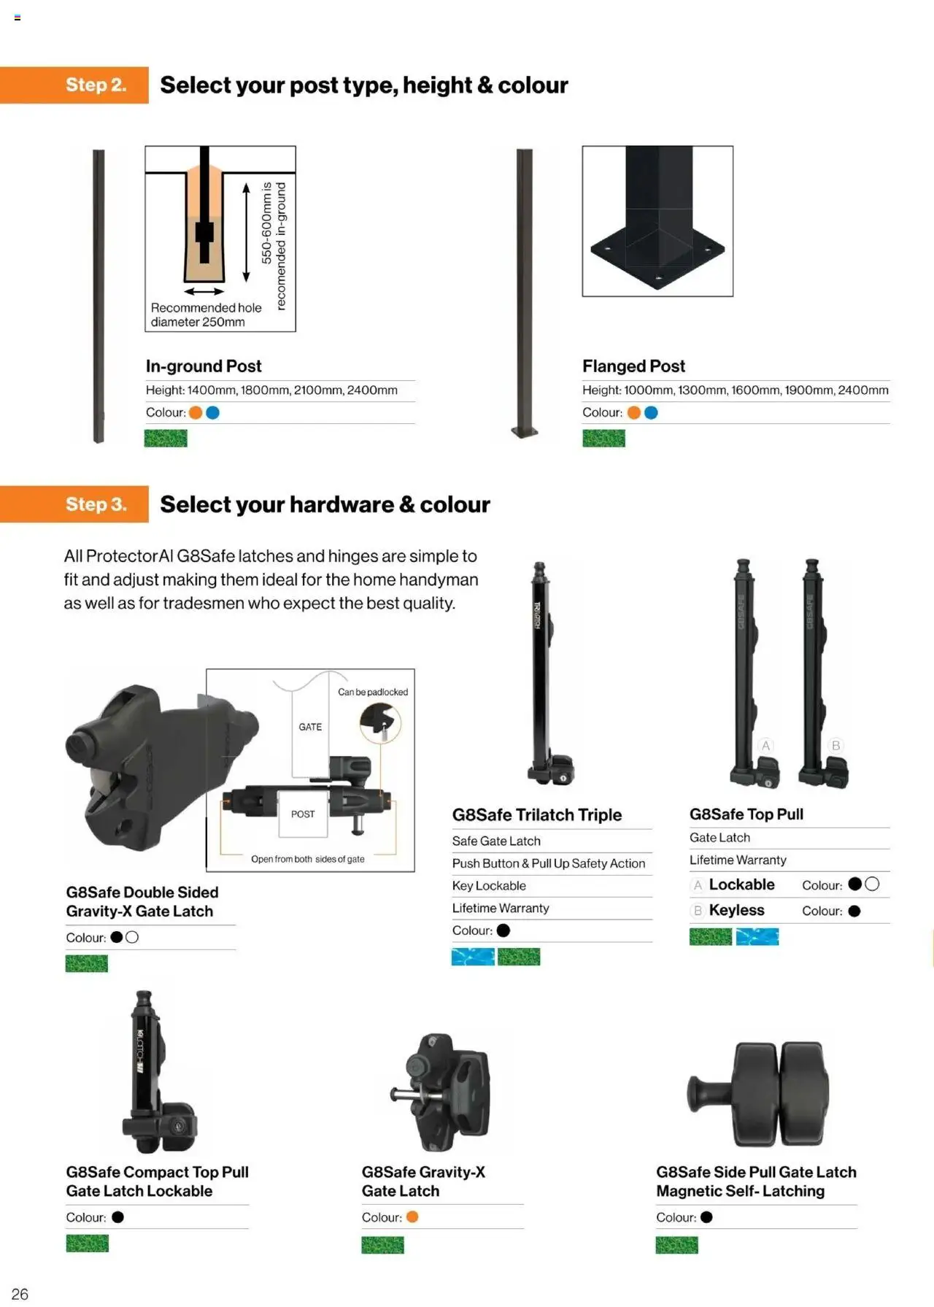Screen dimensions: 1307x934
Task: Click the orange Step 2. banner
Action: (x=74, y=85)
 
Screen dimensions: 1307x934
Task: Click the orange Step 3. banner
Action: (x=74, y=504)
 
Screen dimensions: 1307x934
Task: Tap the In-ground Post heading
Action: (x=204, y=366)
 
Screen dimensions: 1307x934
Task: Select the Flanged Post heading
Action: (x=633, y=366)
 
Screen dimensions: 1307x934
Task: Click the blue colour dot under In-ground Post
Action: (x=213, y=413)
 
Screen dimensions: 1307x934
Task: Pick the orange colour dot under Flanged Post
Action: (x=634, y=413)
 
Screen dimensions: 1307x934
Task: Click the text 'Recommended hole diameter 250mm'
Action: (x=206, y=315)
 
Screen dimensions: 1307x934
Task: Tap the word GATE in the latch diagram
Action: (x=310, y=727)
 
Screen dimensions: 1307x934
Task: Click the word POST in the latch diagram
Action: (x=303, y=814)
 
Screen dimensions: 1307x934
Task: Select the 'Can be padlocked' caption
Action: (x=373, y=692)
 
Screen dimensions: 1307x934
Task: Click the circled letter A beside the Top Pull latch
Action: (x=765, y=745)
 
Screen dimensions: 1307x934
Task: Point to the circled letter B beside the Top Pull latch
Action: (x=836, y=745)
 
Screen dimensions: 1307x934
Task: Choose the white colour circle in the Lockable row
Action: (x=872, y=884)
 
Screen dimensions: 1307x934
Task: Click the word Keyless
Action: (x=736, y=911)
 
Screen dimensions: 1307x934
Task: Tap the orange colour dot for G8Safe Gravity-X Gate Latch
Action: (x=412, y=1217)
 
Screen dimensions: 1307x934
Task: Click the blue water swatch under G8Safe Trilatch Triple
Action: (x=473, y=957)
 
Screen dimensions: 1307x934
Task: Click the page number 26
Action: (x=20, y=1294)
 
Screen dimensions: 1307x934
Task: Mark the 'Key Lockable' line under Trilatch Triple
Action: (x=489, y=886)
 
